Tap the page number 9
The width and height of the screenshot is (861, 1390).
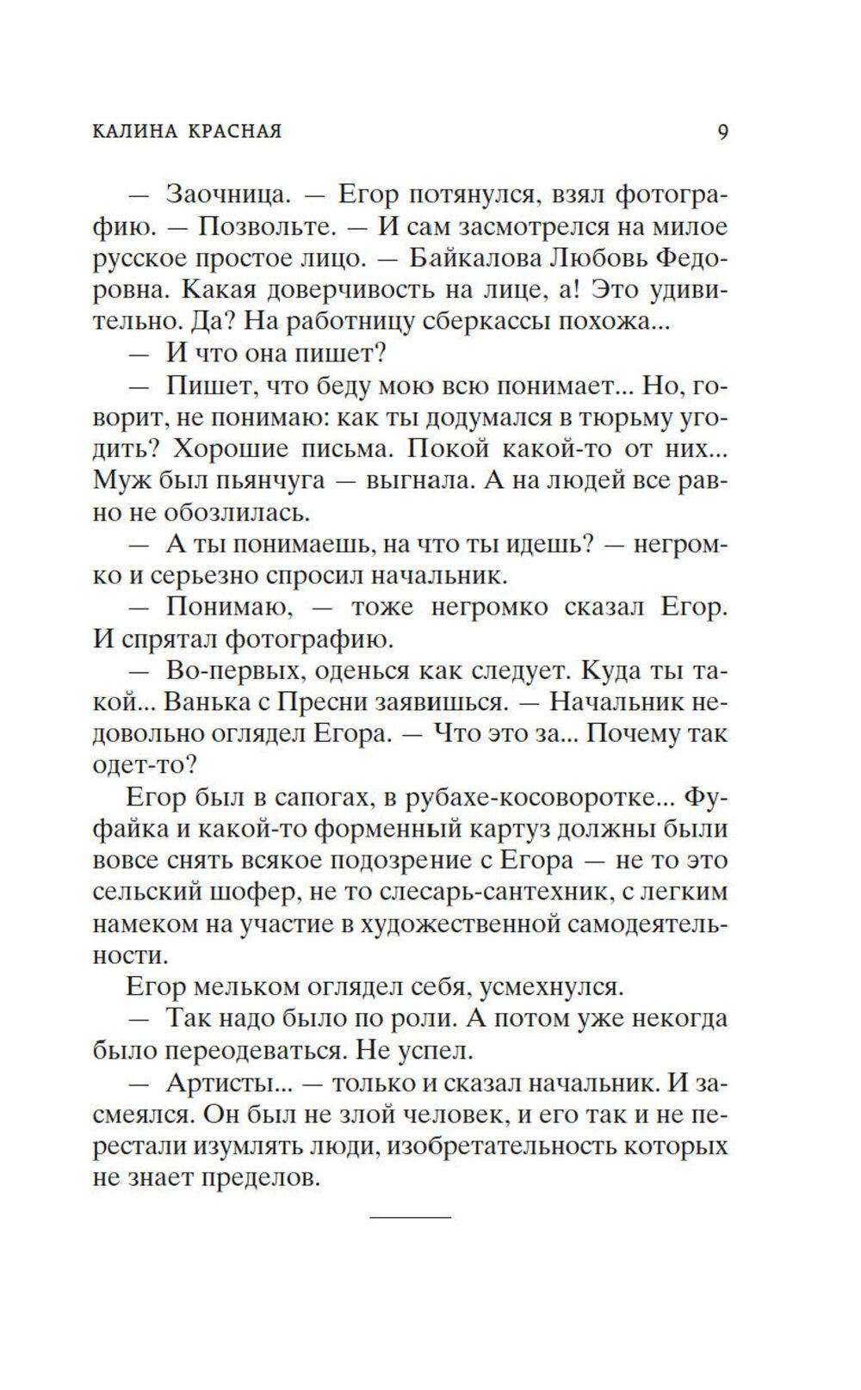coord(722,132)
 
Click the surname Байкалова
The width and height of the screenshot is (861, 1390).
coord(464,258)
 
